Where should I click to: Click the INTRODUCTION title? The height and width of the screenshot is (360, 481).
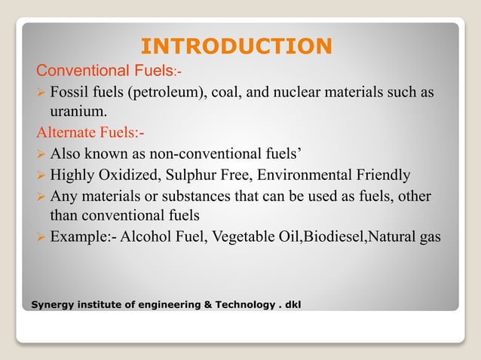[x=237, y=46]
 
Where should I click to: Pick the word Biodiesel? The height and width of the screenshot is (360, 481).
[x=335, y=237]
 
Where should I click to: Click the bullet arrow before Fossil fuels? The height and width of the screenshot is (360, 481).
[x=41, y=93]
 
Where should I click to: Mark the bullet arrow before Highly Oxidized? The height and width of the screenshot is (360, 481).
[x=41, y=176]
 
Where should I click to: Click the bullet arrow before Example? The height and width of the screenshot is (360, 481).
[x=41, y=238]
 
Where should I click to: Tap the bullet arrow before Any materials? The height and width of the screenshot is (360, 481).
[x=41, y=197]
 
